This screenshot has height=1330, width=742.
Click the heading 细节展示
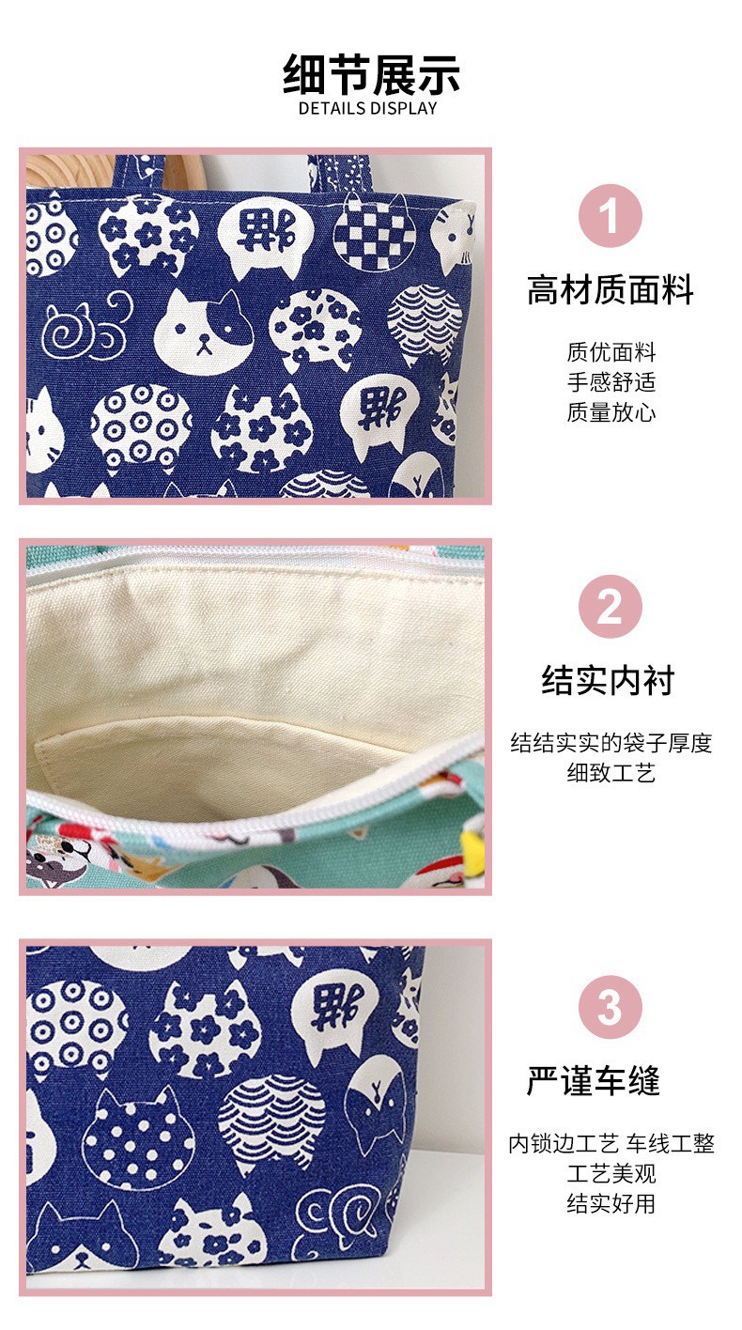click(371, 75)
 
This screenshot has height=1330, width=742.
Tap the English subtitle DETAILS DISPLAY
click(367, 109)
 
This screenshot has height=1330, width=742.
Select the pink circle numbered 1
click(611, 216)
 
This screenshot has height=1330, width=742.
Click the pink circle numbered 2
click(611, 606)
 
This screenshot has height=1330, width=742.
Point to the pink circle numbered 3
click(611, 1007)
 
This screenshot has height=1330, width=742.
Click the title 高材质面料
click(611, 289)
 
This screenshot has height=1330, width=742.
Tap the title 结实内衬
click(608, 680)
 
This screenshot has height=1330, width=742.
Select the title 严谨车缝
click(594, 1080)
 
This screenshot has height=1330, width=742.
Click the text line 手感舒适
click(611, 381)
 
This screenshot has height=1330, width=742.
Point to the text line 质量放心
click(611, 412)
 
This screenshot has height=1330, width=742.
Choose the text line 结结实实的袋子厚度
click(611, 743)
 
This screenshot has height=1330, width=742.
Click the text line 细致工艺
click(611, 772)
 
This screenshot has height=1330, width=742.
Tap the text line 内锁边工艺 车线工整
click(611, 1144)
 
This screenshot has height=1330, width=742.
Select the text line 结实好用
click(611, 1203)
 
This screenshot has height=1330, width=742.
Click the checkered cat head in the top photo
click(374, 228)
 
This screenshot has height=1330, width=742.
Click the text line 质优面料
click(611, 352)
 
